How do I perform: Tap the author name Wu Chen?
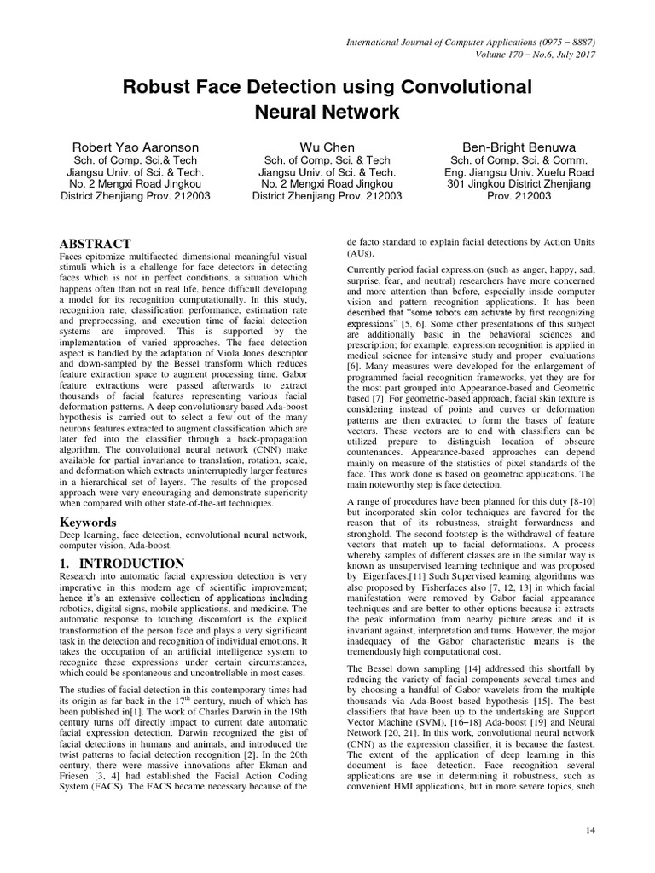point(327,147)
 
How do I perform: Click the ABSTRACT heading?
point(95,243)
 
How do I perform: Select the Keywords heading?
point(88,521)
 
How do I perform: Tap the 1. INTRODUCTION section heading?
point(121,564)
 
